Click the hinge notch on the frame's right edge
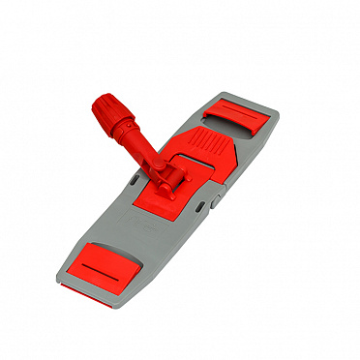click(x=216, y=199)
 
